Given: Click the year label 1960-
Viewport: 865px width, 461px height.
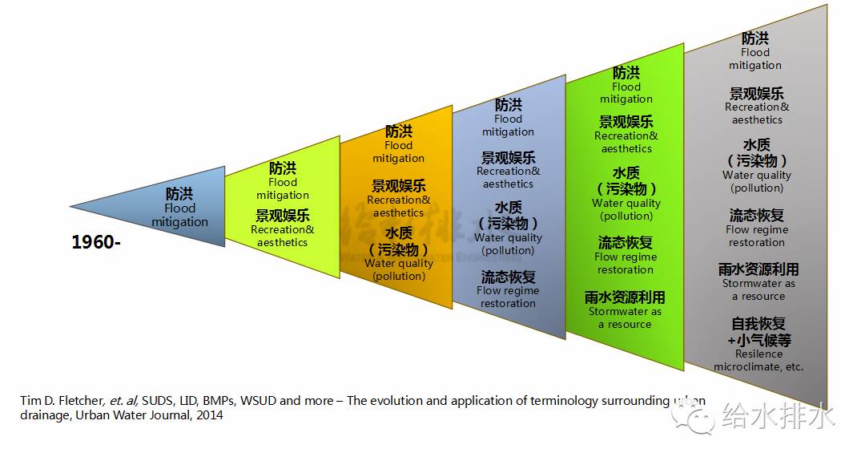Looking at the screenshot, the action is pyautogui.click(x=96, y=242).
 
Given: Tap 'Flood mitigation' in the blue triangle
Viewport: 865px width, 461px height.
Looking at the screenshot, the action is pyautogui.click(x=179, y=216).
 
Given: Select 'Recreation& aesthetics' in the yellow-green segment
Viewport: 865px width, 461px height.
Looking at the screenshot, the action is pyautogui.click(x=283, y=236).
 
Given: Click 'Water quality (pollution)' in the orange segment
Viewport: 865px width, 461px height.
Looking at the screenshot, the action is pyautogui.click(x=399, y=269).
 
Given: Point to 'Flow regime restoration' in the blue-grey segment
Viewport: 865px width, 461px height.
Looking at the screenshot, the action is pyautogui.click(x=508, y=297).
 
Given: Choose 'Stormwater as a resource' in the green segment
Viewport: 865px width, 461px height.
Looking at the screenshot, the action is pyautogui.click(x=625, y=317).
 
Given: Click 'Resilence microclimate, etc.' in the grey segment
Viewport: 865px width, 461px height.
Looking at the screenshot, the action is pyautogui.click(x=758, y=360).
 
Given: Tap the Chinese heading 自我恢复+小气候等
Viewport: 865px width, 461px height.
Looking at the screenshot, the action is pyautogui.click(x=758, y=332).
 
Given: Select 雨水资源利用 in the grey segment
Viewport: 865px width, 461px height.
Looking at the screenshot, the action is pyautogui.click(x=758, y=269).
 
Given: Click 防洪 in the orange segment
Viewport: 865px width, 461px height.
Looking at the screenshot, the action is pyautogui.click(x=398, y=131).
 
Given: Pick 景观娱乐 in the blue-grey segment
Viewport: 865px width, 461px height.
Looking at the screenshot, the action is pyautogui.click(x=508, y=158).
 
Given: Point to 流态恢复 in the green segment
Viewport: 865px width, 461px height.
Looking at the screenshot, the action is pyautogui.click(x=625, y=242).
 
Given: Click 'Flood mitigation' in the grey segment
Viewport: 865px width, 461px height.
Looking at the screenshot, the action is pyautogui.click(x=755, y=59).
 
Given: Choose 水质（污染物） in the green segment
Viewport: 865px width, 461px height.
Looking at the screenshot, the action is pyautogui.click(x=626, y=181).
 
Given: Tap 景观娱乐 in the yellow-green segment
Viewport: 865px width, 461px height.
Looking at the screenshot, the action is pyautogui.click(x=283, y=215).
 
